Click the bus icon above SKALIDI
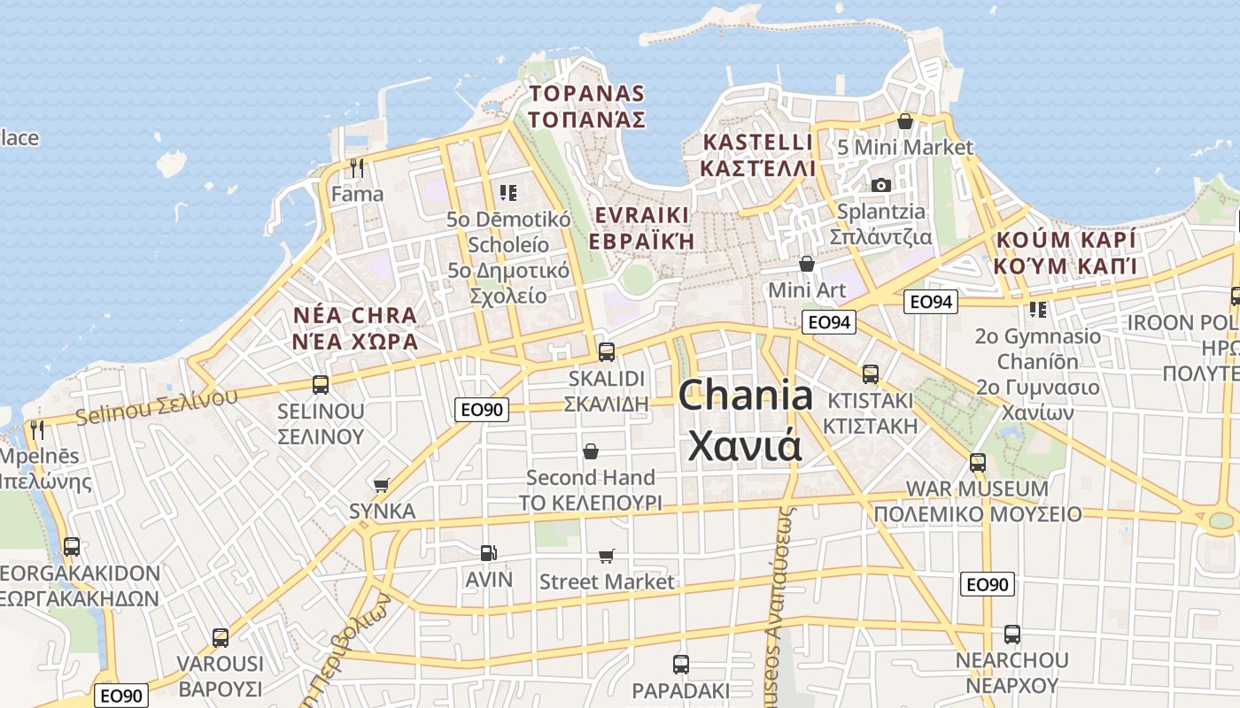tap(607, 351)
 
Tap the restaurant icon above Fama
tap(357, 167)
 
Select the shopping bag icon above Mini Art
tap(807, 264)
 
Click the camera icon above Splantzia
tap(880, 185)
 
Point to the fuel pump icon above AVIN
tap(488, 553)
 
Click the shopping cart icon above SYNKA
tap(382, 485)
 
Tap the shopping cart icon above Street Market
tap(607, 556)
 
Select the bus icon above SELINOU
tap(321, 385)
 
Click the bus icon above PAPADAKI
tap(681, 664)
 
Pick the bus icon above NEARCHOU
tap(1012, 634)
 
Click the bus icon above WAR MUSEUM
tap(978, 462)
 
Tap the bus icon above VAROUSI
tap(221, 637)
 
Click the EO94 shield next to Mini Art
tap(830, 322)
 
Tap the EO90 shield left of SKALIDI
tap(483, 409)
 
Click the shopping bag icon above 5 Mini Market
tap(905, 121)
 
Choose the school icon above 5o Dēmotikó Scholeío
tap(508, 192)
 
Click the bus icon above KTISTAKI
tap(871, 373)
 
